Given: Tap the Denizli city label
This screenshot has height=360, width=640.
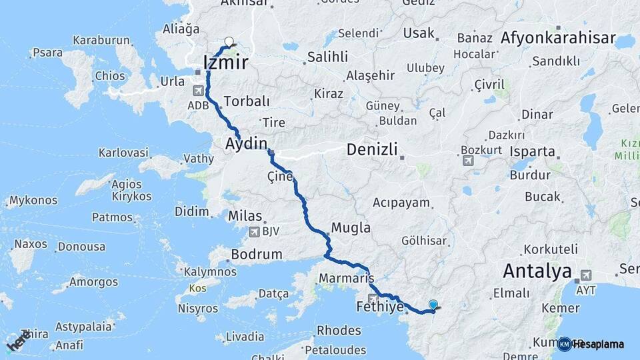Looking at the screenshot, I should pos(371,150).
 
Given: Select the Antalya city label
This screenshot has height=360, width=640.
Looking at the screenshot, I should pos(537,271).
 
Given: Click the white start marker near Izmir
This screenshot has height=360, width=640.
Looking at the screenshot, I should pos(229,42).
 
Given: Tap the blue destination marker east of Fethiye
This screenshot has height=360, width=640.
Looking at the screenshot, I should pos(433,305).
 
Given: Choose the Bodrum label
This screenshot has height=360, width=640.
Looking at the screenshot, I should pos(257,255).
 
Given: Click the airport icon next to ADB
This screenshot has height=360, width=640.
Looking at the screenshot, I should pos(199,91).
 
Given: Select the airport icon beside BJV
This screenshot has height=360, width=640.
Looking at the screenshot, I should pos(254,232).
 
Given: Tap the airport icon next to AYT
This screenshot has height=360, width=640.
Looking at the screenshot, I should pos(586,275).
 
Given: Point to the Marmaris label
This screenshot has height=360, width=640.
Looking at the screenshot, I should pos(346,278).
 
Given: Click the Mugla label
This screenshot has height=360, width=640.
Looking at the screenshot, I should pos(351,228).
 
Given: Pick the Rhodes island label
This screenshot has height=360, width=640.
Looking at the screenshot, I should pos(339,330).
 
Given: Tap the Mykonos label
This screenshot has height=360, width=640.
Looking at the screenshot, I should pos(33,200).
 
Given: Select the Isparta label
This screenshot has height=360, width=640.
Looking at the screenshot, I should pos(533,151).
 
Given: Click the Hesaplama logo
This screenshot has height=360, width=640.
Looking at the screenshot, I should pos(592,344).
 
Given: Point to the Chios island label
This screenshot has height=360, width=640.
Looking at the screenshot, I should pos(109,76).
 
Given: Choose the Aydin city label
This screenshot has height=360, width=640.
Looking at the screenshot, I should pos(246,144).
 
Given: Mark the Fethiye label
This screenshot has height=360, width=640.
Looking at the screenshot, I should pos(380,307).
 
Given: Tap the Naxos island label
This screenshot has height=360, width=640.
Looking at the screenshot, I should pos(31,244).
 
